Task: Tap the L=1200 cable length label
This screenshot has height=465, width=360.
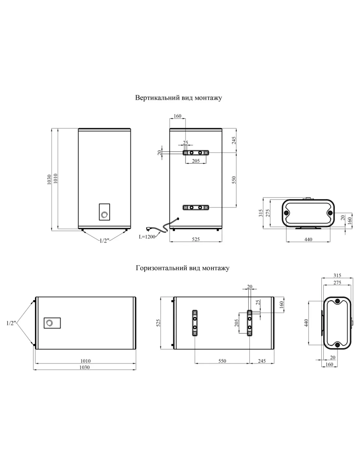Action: pos(147,237)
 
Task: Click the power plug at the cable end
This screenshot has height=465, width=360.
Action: pos(149,229)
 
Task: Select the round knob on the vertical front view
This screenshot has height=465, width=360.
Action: pos(105,215)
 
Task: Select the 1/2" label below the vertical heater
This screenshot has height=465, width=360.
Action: pos(104,241)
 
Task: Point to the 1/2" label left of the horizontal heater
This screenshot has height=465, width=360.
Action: pos(11,323)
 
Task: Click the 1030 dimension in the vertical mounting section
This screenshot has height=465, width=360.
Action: pos(49,180)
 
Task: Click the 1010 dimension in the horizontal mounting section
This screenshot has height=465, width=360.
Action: pos(85,361)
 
